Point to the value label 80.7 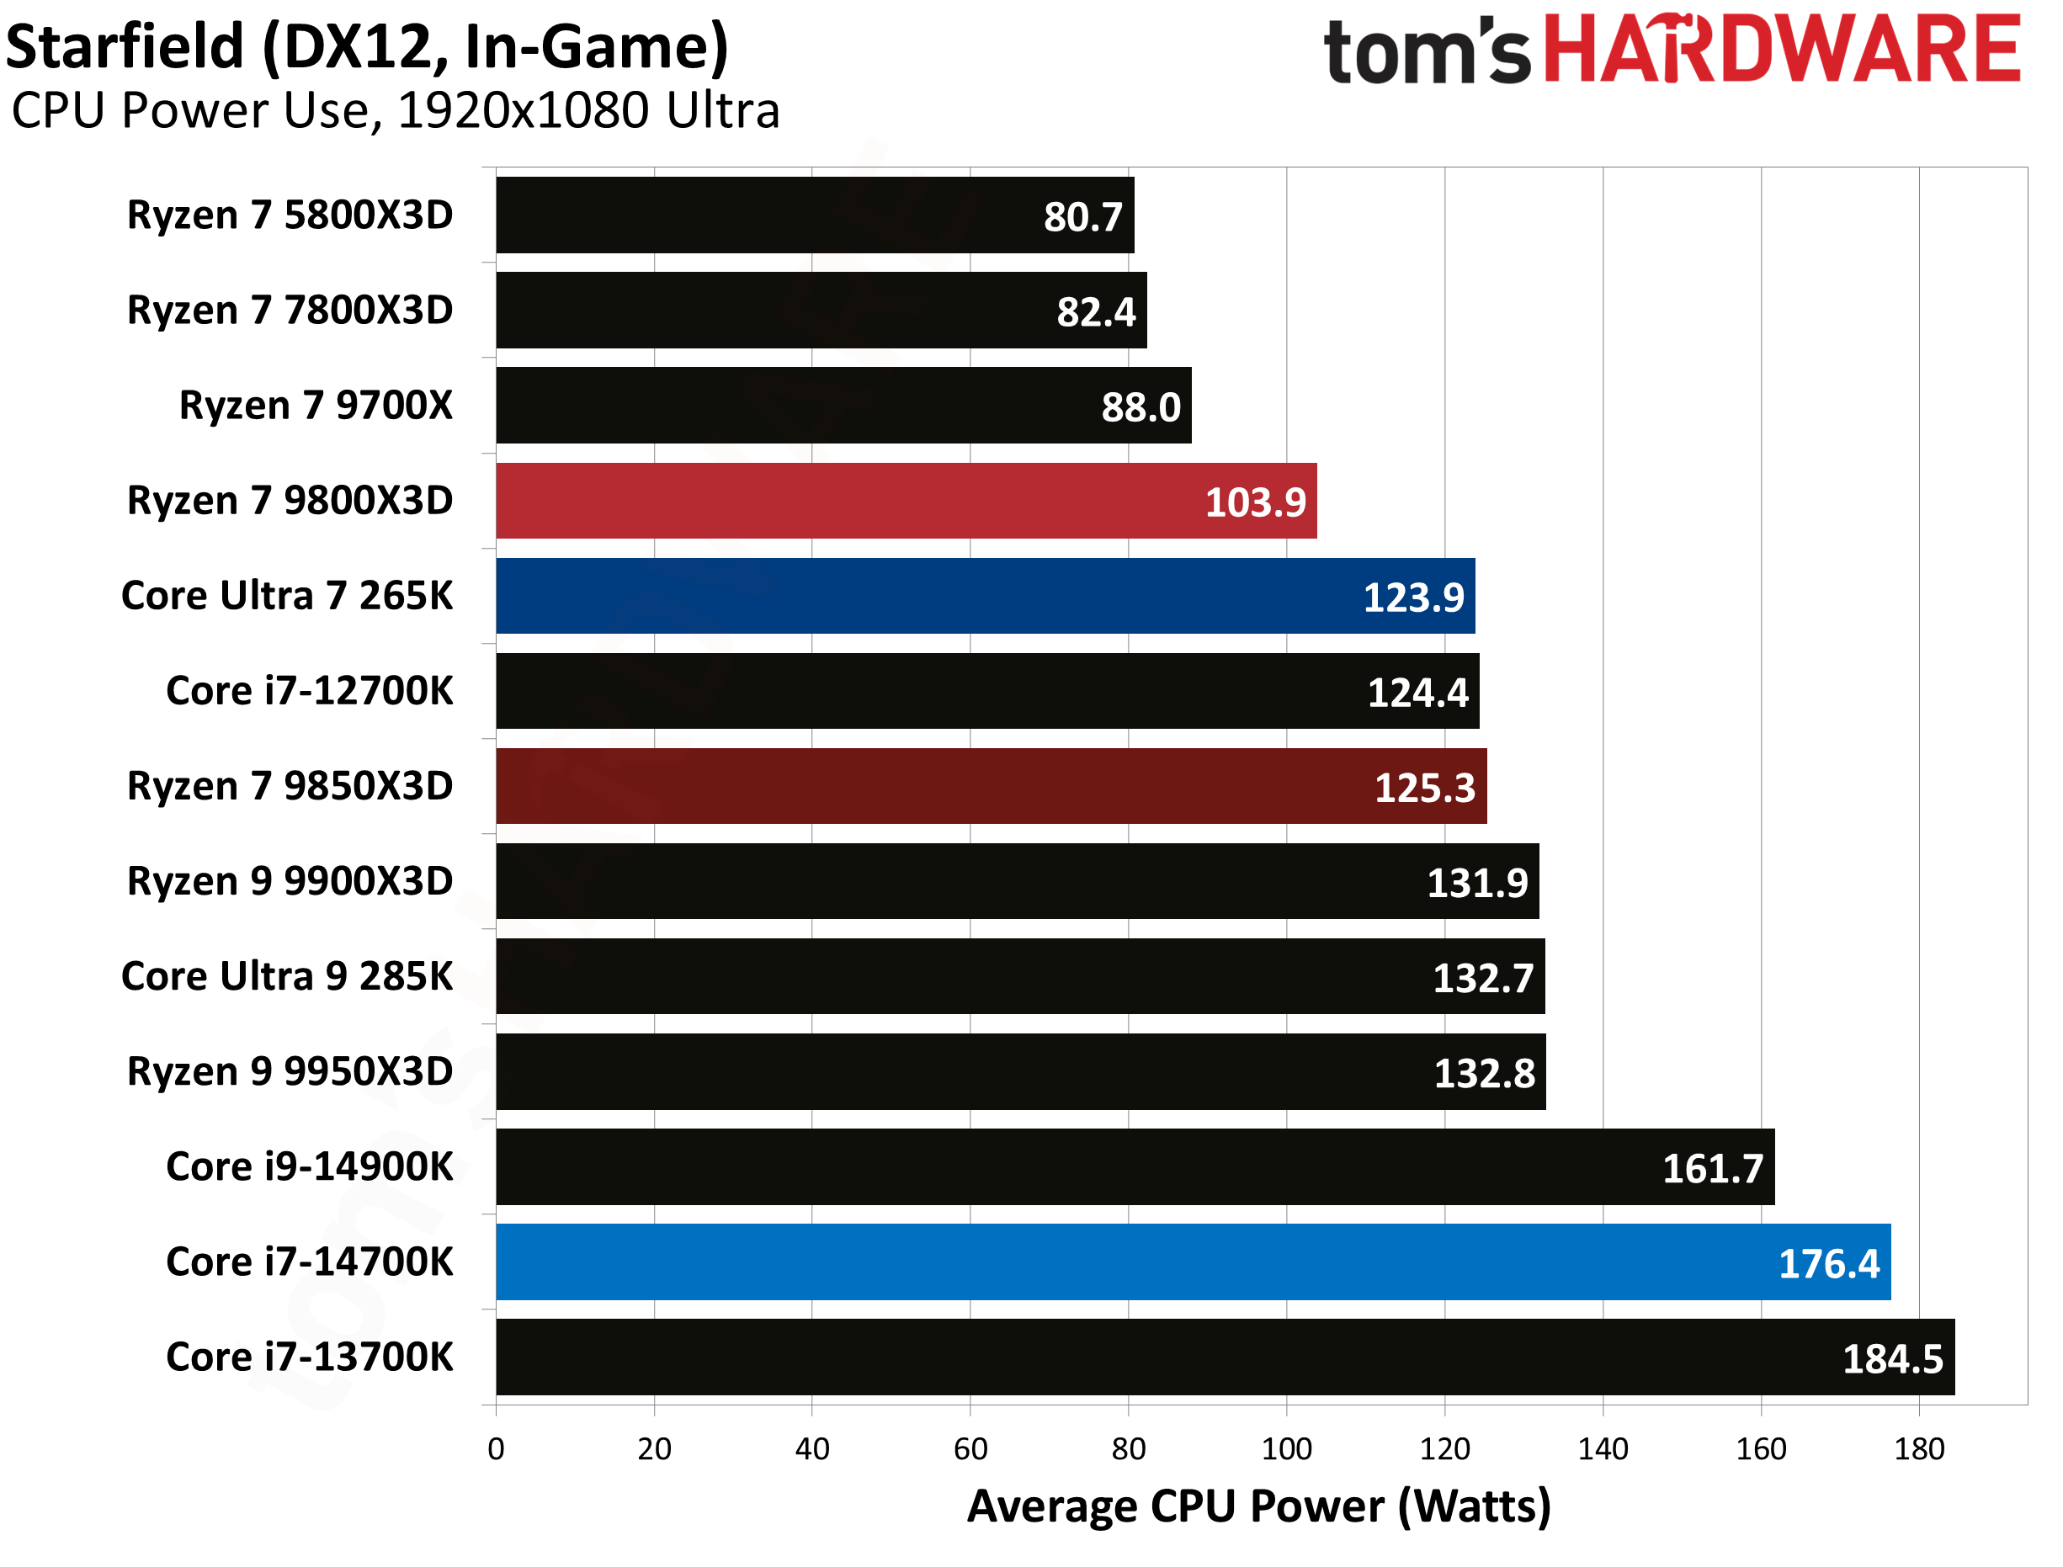[x=1082, y=217]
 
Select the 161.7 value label [x=1712, y=1169]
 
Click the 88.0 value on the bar [x=1140, y=407]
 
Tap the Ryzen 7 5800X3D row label [x=290, y=215]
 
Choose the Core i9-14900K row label [x=310, y=1167]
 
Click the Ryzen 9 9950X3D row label [x=290, y=1071]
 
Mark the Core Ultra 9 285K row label [x=287, y=976]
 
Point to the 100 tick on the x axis [x=1286, y=1448]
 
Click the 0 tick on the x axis [x=496, y=1448]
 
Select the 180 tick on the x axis [x=1918, y=1448]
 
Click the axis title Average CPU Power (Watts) [x=1258, y=1506]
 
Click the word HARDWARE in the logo [x=1782, y=49]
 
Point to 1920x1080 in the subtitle [x=524, y=111]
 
